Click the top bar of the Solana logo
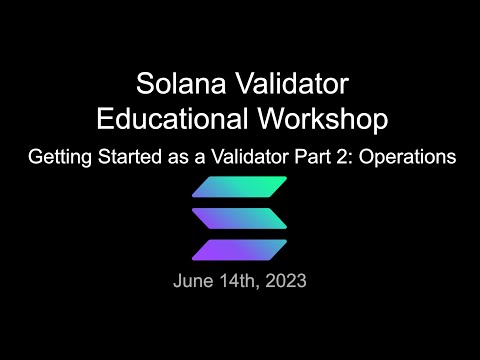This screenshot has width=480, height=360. [x=239, y=187]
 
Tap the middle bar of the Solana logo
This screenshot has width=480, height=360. [x=239, y=218]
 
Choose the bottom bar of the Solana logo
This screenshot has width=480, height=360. [x=239, y=250]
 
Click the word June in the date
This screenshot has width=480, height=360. [x=192, y=281]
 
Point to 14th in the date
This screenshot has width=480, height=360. [x=241, y=281]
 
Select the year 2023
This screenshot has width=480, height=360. [x=285, y=281]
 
